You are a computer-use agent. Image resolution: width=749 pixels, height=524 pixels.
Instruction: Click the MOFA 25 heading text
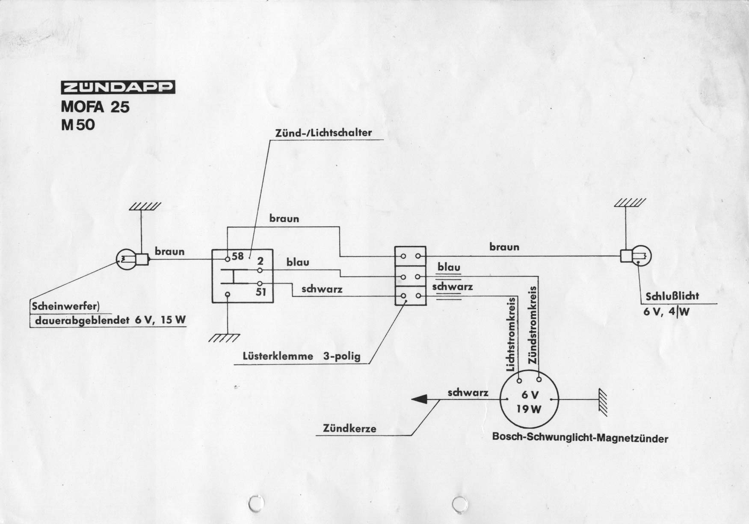(x=95, y=106)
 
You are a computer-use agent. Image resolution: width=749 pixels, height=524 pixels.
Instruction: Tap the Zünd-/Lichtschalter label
(x=323, y=133)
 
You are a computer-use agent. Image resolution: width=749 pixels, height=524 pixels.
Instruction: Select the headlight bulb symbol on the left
(x=127, y=259)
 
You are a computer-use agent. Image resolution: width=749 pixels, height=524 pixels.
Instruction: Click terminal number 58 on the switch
(x=237, y=256)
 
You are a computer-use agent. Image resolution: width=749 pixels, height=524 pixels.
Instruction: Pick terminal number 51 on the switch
(x=261, y=293)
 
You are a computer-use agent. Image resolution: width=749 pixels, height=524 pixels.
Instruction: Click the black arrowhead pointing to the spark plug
(x=420, y=399)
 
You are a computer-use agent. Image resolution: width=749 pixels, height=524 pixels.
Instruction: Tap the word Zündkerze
(x=349, y=428)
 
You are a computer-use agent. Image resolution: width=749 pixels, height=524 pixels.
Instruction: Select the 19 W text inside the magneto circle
(x=528, y=409)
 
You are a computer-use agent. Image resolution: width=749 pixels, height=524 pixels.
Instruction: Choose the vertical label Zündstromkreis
(x=533, y=325)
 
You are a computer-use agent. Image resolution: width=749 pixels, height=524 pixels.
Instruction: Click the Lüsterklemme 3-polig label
(x=302, y=356)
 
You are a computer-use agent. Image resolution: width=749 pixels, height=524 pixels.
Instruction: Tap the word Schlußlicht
(x=672, y=296)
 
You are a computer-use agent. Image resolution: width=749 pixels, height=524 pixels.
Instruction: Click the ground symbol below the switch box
(x=223, y=338)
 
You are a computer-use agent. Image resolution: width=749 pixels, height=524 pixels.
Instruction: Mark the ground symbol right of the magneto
(x=603, y=402)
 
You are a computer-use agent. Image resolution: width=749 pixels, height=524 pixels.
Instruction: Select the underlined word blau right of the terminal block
(x=448, y=268)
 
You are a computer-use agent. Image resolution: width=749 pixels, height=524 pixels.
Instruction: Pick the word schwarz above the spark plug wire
(x=468, y=392)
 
